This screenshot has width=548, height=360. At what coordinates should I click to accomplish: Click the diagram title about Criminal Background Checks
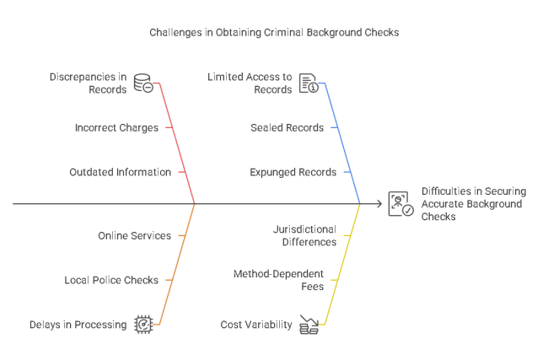click(274, 32)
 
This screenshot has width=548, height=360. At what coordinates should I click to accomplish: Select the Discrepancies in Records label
click(87, 83)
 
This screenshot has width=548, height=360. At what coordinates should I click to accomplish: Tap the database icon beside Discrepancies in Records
click(142, 83)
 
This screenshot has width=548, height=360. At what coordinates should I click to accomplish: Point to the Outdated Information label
click(120, 172)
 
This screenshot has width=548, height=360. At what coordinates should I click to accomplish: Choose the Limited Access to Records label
click(250, 83)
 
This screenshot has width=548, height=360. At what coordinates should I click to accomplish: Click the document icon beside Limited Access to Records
click(309, 83)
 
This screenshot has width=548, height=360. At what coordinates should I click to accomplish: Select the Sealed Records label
click(287, 127)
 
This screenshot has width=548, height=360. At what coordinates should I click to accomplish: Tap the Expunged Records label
click(293, 172)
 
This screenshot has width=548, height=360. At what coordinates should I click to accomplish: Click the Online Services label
click(134, 235)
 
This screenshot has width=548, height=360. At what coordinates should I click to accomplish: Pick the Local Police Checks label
click(111, 280)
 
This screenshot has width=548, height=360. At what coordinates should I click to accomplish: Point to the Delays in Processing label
click(78, 325)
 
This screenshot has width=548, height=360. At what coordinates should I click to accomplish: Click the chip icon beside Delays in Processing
click(143, 324)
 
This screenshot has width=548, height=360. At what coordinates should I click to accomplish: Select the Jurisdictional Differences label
click(304, 235)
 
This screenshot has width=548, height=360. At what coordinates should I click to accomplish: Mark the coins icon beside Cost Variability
click(309, 325)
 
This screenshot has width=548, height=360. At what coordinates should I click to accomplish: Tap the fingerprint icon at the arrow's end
click(400, 204)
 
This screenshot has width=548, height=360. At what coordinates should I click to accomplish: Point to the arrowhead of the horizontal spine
click(380, 204)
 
